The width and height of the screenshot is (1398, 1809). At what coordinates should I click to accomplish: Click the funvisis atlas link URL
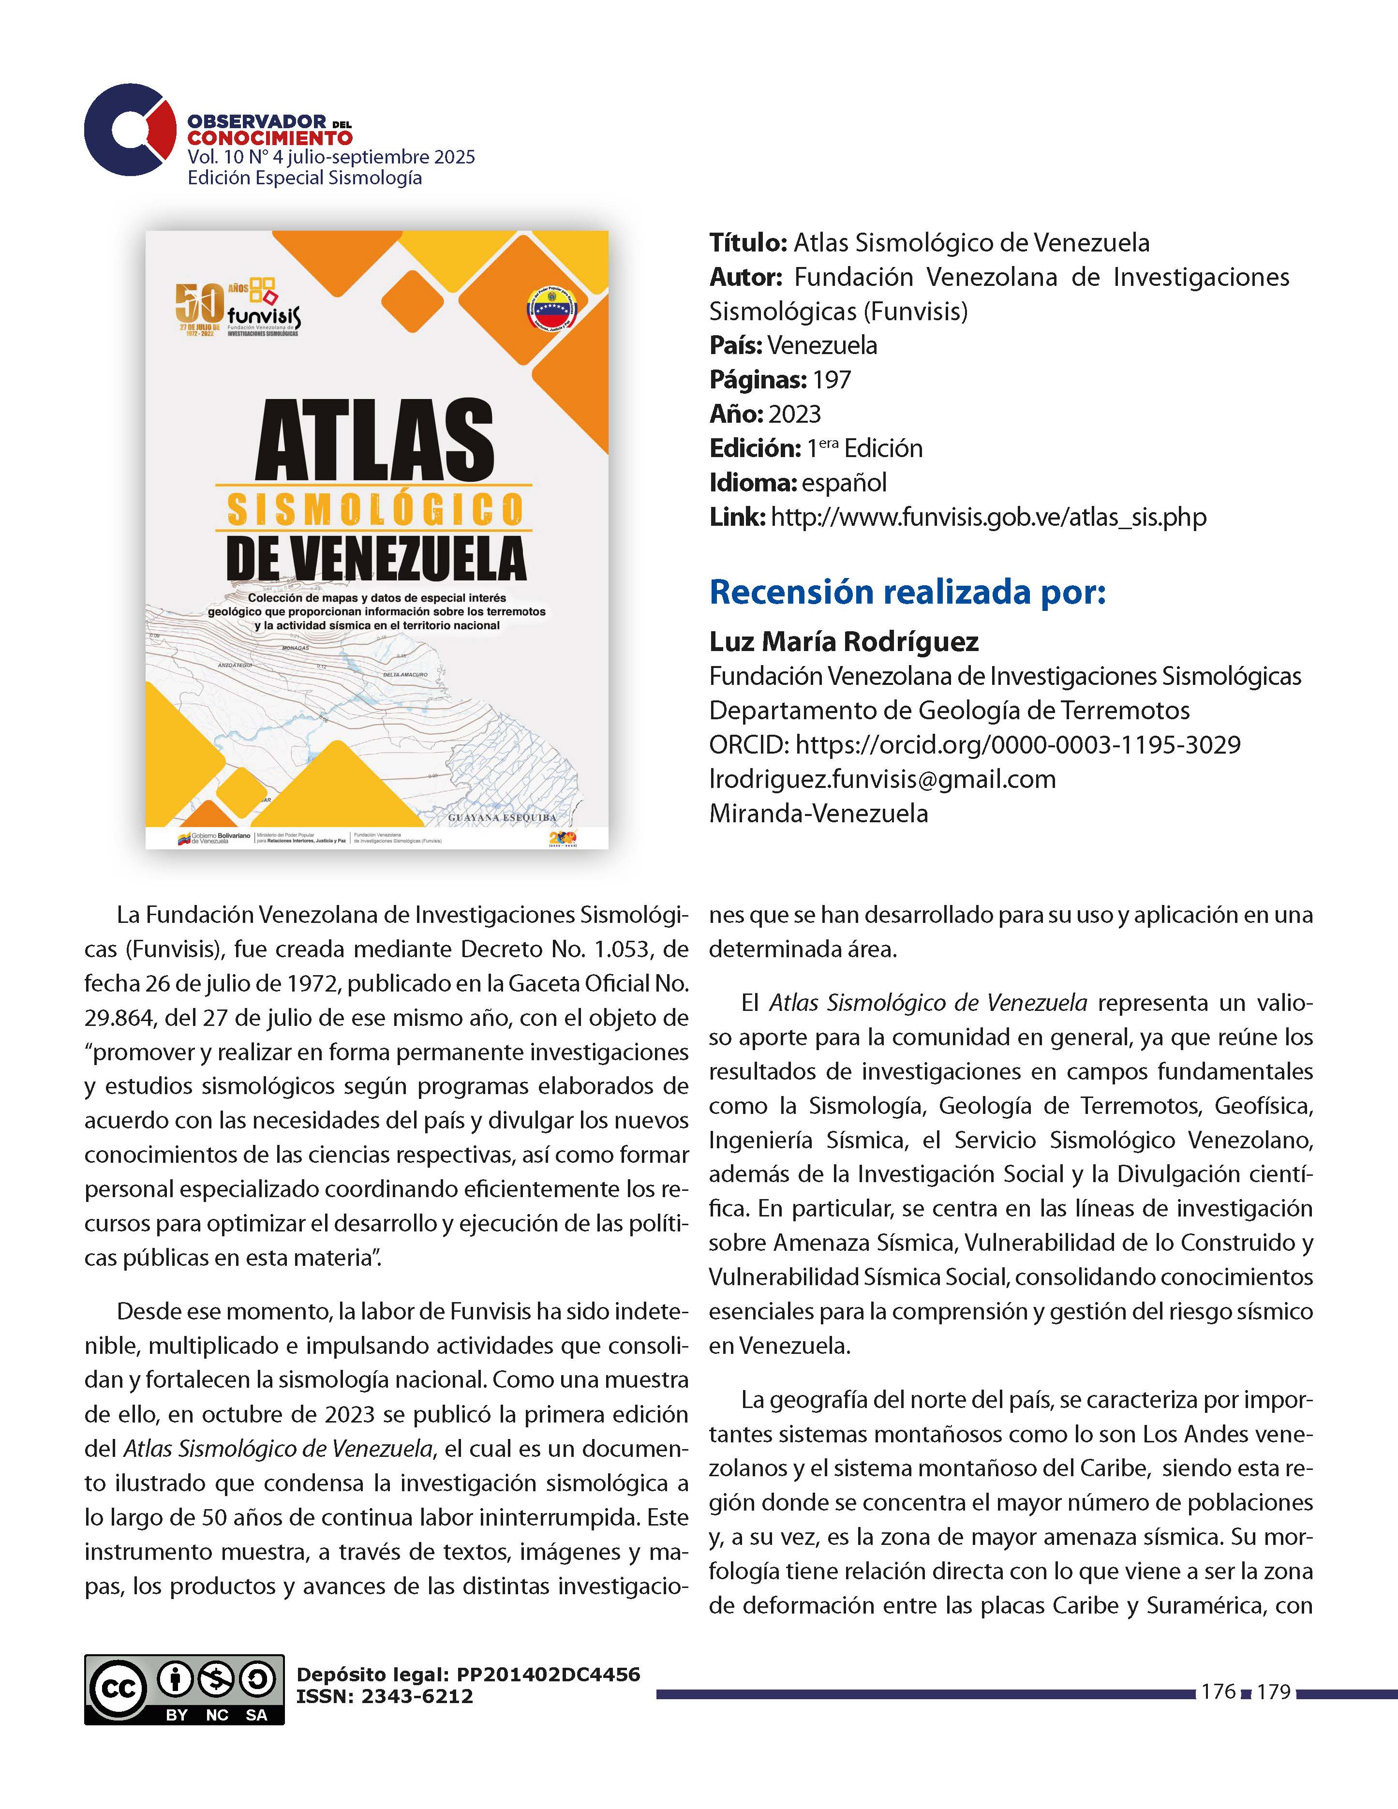point(988,517)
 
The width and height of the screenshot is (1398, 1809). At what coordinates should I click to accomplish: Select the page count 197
point(832,379)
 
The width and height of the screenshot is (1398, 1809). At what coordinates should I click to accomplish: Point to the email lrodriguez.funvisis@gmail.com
point(882,779)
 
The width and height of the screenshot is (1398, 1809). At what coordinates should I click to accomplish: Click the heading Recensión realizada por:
point(907,592)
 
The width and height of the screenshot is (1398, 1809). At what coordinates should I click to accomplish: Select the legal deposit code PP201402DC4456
point(548,1674)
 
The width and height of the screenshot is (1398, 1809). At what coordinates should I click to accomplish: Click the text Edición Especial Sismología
point(305,178)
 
